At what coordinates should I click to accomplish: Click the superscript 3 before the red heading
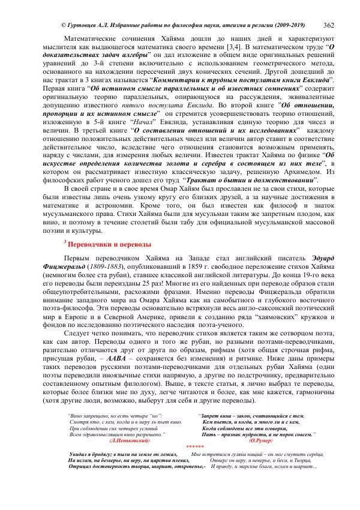click(x=65, y=242)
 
